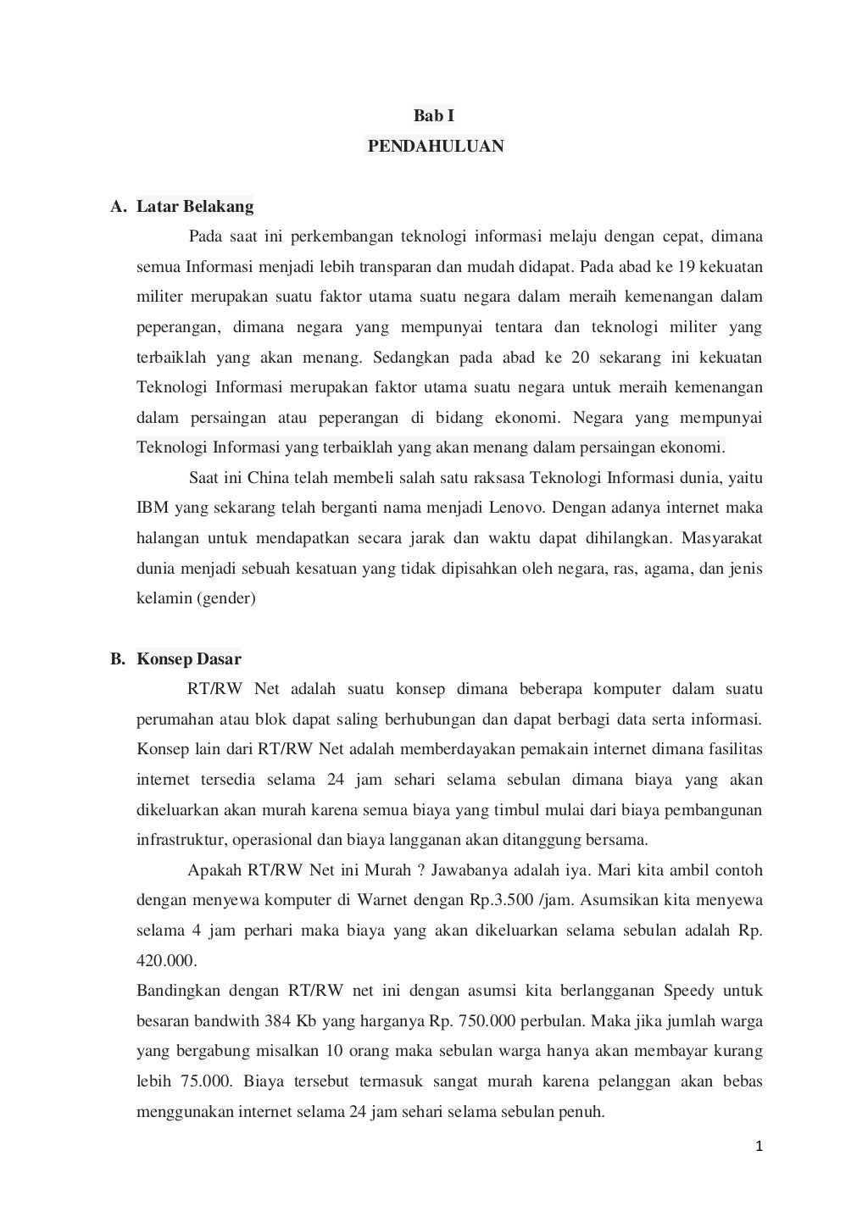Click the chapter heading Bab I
433,116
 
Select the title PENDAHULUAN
435,147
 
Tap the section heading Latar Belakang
195,207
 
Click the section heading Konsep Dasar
189,659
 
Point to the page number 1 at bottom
759,1147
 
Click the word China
268,478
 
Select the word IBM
153,508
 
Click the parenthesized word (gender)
225,598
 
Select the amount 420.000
166,961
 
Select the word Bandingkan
178,991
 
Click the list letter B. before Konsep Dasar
118,659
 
